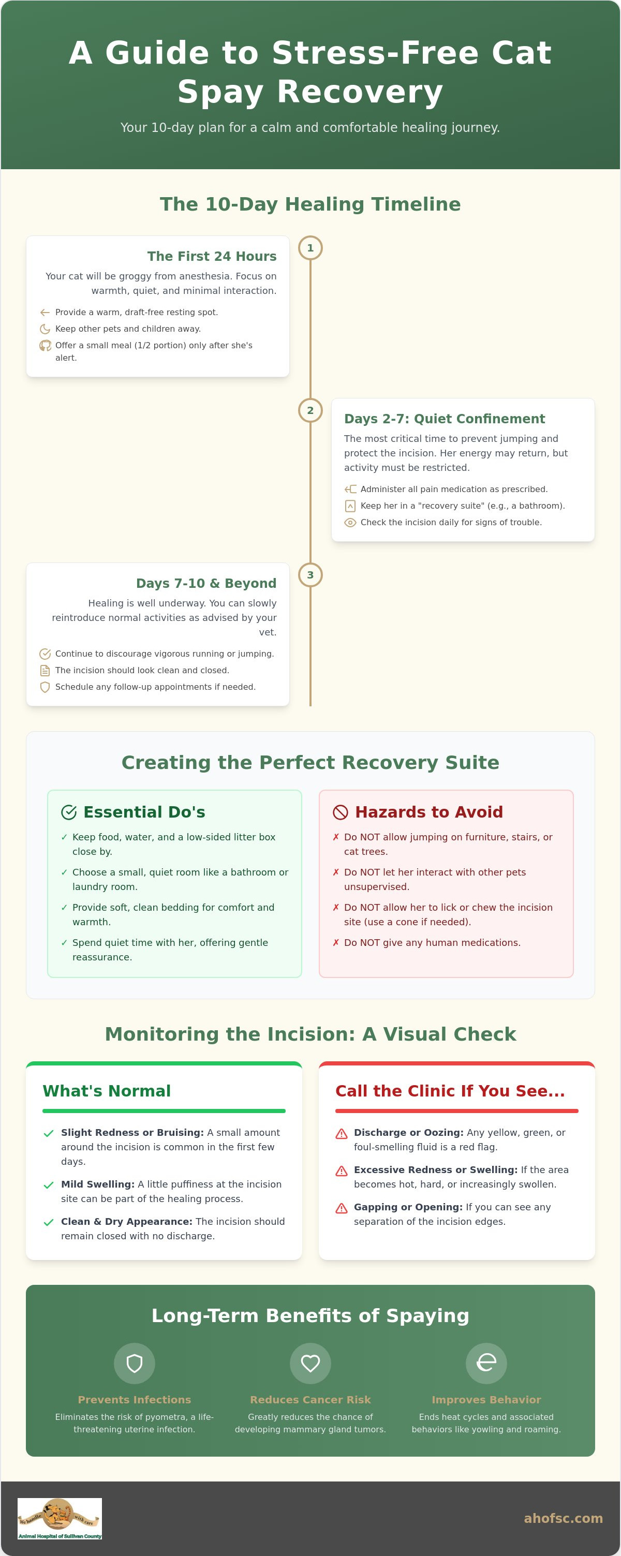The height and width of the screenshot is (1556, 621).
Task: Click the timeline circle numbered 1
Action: pyautogui.click(x=310, y=248)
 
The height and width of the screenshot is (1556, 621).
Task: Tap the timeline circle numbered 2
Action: pyautogui.click(x=310, y=410)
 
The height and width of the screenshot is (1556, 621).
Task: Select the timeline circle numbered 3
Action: pyautogui.click(x=310, y=575)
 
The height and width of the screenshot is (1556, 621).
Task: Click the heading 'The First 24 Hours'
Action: pyautogui.click(x=212, y=256)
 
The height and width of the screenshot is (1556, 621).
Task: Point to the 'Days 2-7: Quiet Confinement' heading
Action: pyautogui.click(x=445, y=419)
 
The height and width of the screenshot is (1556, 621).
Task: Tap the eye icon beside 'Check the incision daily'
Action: pyautogui.click(x=350, y=523)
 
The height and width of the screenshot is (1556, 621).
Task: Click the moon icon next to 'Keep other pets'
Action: pyautogui.click(x=45, y=329)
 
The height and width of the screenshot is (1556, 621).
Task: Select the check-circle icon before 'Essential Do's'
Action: pyautogui.click(x=69, y=812)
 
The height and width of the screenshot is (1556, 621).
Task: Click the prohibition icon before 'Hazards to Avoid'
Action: pyautogui.click(x=341, y=812)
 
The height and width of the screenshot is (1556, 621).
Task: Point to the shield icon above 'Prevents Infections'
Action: pyautogui.click(x=135, y=1364)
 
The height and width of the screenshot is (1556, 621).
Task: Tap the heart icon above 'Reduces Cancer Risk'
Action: pyautogui.click(x=310, y=1364)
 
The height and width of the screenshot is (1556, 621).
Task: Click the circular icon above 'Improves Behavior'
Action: pyautogui.click(x=486, y=1364)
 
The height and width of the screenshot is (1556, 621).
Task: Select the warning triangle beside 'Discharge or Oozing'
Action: pyautogui.click(x=342, y=1134)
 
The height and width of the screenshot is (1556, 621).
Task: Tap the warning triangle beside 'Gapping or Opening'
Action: pyautogui.click(x=342, y=1208)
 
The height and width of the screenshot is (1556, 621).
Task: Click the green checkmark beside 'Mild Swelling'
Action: pyautogui.click(x=49, y=1185)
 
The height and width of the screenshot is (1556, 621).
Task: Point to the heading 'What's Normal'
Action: pyautogui.click(x=107, y=1091)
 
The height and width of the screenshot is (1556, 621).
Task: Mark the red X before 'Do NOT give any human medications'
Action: pyautogui.click(x=336, y=942)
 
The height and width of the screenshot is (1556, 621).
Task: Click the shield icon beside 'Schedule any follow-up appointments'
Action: pyautogui.click(x=45, y=687)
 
